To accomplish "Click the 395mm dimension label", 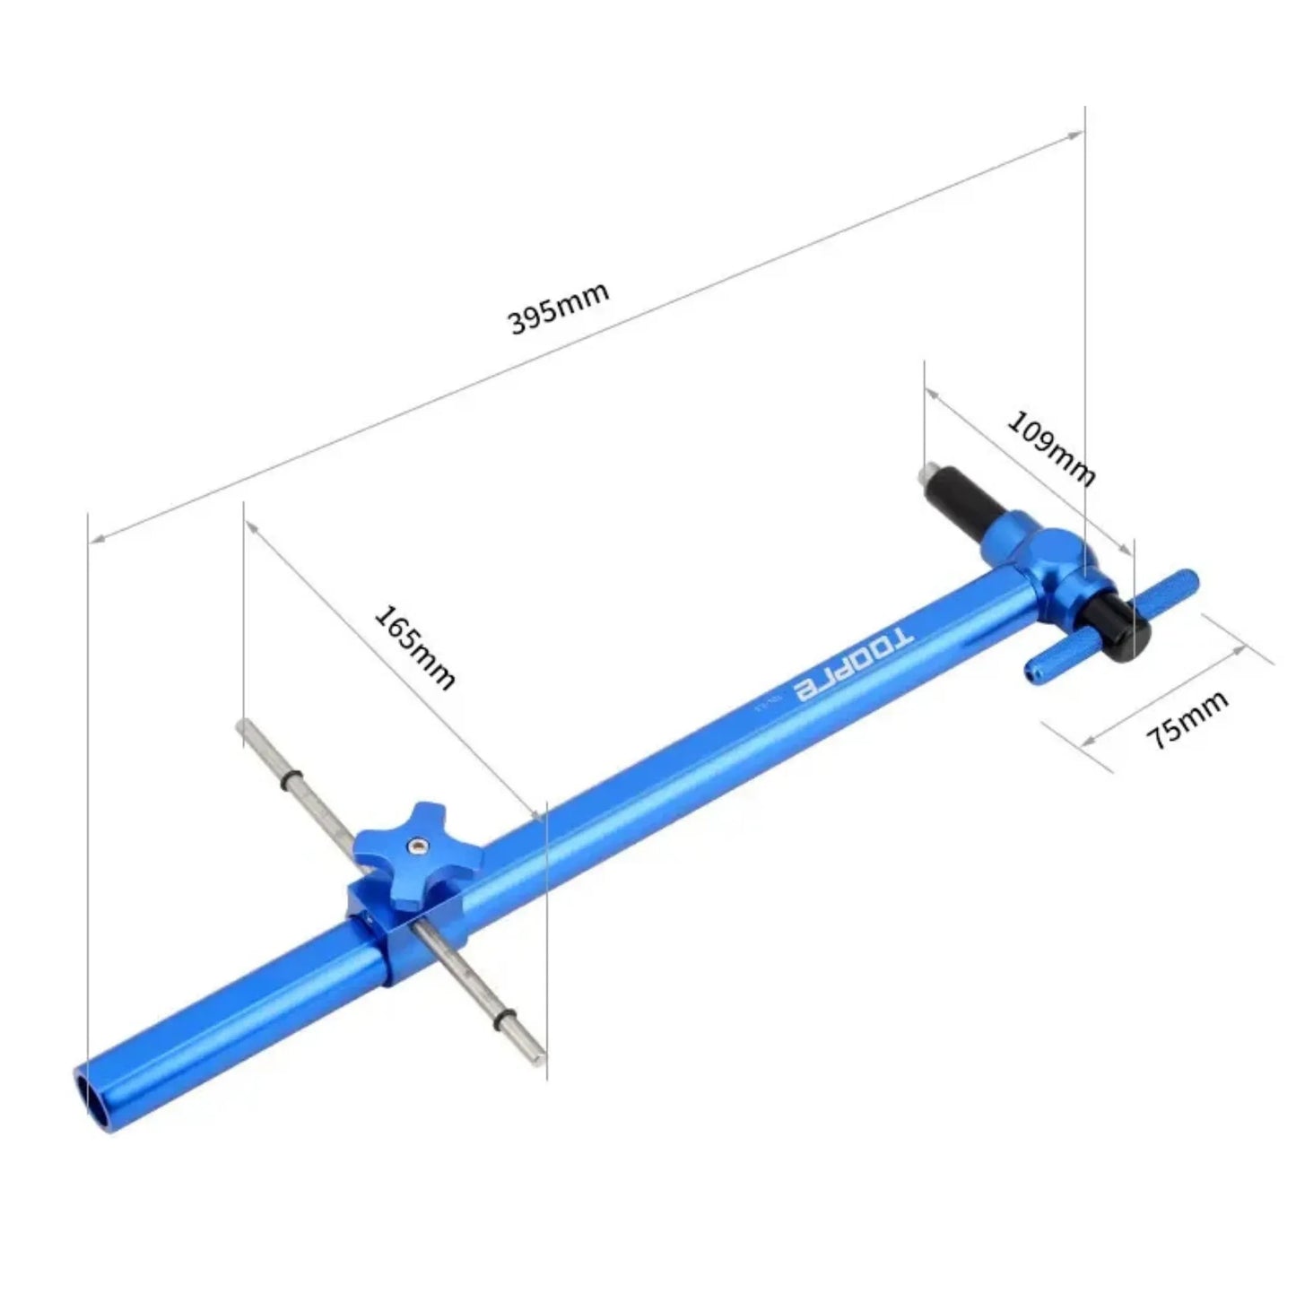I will [558, 308].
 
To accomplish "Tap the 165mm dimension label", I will [414, 647].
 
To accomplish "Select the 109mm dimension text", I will [1050, 447].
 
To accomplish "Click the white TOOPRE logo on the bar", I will [855, 664].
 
